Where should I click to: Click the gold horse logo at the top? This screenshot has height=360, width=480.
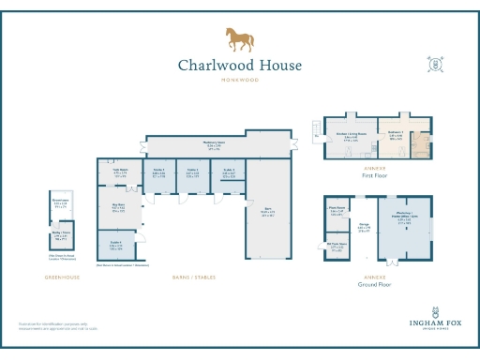239,39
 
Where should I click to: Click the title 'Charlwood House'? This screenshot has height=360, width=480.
240,66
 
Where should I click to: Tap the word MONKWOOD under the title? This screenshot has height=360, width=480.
240,82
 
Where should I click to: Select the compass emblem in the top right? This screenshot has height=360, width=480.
435,65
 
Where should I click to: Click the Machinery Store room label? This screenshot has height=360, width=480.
215,145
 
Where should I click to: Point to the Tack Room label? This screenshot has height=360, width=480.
120,173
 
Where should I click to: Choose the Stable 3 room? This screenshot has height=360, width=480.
228,173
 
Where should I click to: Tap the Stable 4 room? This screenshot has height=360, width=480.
116,247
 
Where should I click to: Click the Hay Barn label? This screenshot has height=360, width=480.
119,208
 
